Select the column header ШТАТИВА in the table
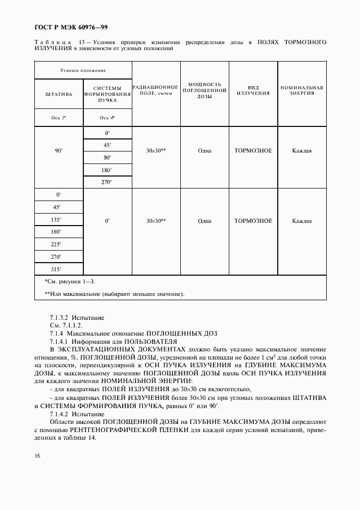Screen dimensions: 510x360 [x=59, y=94]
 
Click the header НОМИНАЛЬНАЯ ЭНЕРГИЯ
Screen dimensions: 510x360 [x=302, y=90]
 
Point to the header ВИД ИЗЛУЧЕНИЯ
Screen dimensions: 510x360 [x=253, y=90]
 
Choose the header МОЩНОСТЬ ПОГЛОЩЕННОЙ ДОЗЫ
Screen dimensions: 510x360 [x=205, y=90]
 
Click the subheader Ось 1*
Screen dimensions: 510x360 [x=59, y=117]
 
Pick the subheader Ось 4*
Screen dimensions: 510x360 [x=107, y=117]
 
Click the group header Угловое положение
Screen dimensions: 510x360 [x=83, y=71]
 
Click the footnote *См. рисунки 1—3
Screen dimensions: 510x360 [x=70, y=281]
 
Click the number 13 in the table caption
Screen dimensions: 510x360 [x=81, y=41]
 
